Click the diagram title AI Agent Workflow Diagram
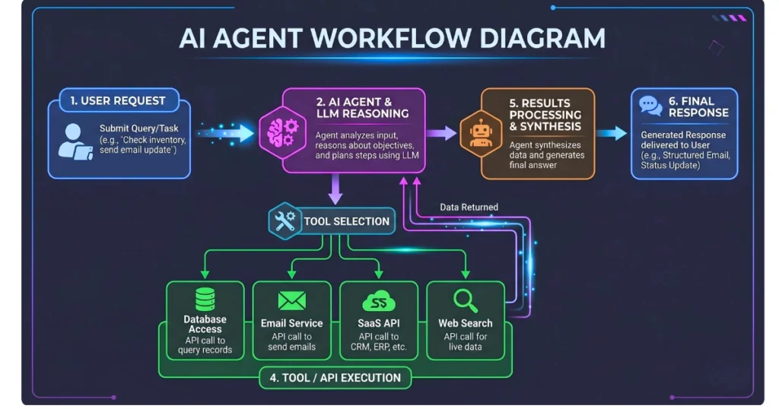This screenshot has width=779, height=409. [x=392, y=38]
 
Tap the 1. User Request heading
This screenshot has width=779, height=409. [x=117, y=100]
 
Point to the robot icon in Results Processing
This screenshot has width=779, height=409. [x=481, y=132]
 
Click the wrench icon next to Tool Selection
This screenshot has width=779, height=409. [x=285, y=221]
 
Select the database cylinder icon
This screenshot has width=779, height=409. [x=205, y=300]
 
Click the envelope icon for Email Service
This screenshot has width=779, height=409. [x=291, y=300]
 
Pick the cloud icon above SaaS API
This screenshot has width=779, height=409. [x=378, y=301]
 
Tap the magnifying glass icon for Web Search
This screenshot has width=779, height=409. [x=465, y=299]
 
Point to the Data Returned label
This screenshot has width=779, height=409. [x=469, y=206]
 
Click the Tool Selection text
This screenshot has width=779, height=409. [x=346, y=221]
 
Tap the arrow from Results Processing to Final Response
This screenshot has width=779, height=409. [x=611, y=134]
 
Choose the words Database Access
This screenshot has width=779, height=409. [x=205, y=325]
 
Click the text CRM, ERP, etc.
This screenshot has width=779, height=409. [x=379, y=347]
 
